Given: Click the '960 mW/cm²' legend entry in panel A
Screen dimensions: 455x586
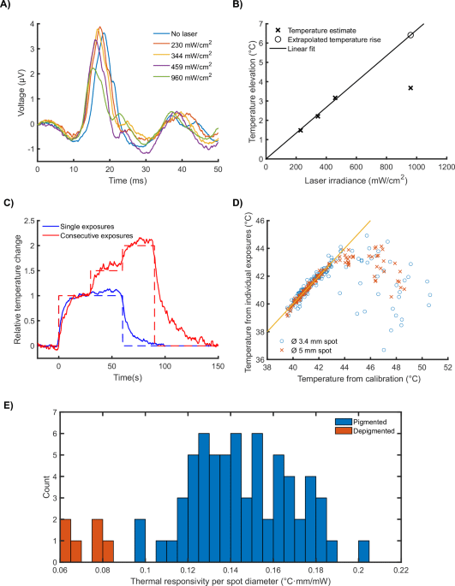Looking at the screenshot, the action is coord(183,77).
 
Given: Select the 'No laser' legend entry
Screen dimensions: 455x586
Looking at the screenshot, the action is coord(176,33).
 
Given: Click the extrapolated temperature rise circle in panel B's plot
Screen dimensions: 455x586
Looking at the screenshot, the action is coord(410,35).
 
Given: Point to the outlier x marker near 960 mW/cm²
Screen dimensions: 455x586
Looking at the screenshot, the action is coord(410,88).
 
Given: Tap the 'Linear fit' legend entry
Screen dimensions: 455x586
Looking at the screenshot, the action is coord(295,49).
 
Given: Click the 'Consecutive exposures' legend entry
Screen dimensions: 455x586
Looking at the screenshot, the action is coord(88,236).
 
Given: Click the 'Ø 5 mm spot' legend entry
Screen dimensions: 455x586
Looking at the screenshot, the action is coord(306,351).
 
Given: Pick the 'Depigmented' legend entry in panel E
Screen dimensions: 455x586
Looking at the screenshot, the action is coord(365,431).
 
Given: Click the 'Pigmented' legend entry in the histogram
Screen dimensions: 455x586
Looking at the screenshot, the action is coord(361,422).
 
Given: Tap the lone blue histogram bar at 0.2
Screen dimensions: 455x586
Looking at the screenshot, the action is coord(363,551).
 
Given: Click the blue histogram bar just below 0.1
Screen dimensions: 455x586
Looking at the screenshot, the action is coord(140,541).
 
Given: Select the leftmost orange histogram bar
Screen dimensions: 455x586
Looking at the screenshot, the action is coord(65,541).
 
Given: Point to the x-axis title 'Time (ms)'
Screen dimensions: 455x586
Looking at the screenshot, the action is coord(128,181).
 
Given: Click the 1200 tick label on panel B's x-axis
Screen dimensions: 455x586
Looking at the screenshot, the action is coord(446,167).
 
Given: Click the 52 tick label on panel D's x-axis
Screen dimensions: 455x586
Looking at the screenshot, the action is coord(448,367).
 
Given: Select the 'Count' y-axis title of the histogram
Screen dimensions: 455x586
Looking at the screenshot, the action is coord(46,487).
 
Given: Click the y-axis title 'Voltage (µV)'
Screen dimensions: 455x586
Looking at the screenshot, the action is coord(21,92).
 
